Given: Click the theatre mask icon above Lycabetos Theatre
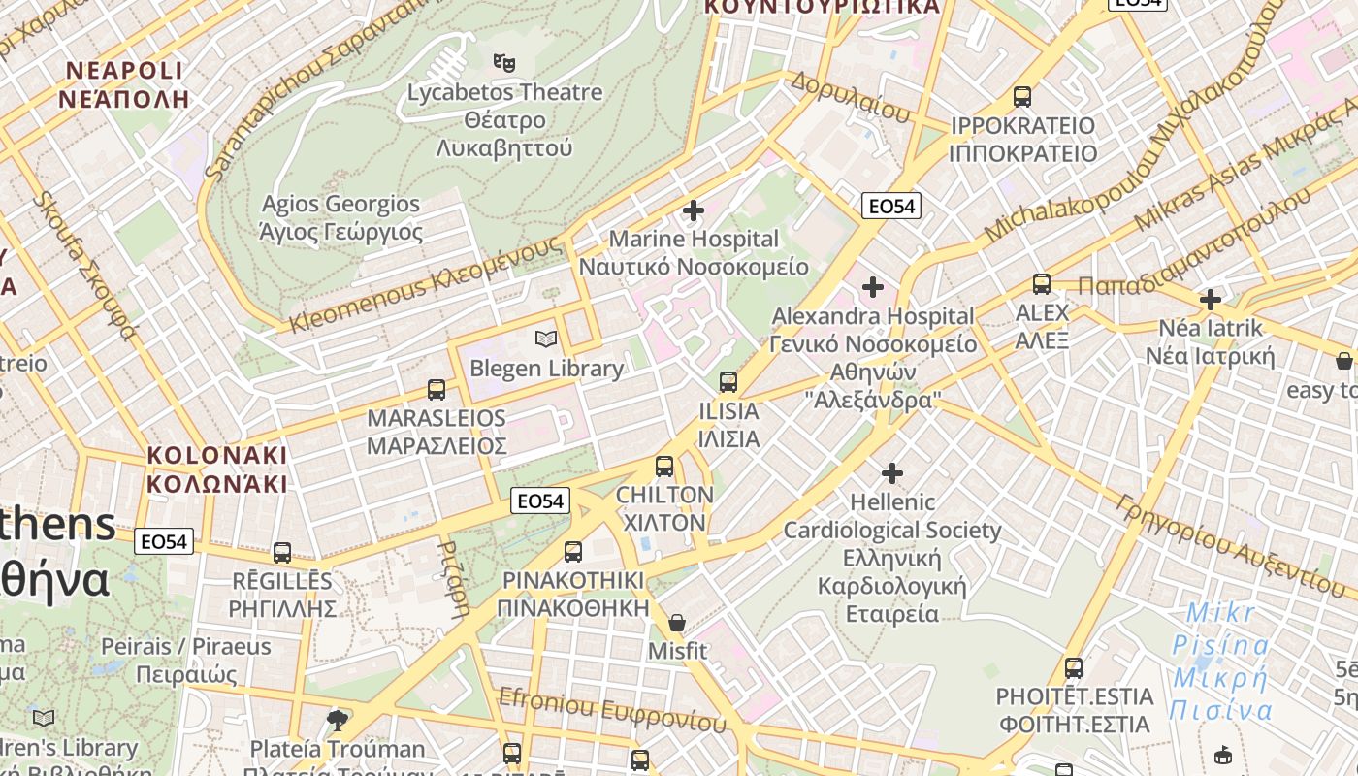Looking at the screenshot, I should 503,63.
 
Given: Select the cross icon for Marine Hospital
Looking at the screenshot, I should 693,210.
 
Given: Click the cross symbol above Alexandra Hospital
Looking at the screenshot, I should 873,287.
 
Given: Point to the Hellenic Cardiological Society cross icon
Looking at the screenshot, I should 891,473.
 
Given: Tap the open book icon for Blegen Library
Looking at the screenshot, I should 546,339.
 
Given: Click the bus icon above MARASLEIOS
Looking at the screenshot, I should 436,390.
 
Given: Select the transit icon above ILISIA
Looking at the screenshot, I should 728,382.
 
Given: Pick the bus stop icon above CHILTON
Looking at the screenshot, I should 664,467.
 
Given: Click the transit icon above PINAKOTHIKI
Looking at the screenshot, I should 573,552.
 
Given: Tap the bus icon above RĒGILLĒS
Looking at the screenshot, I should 282,553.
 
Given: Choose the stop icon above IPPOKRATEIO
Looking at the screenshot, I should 1022,97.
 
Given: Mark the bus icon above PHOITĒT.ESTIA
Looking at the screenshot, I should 1073,668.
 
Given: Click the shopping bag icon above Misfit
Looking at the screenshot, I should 677,623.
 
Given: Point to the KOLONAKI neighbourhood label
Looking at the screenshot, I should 217,469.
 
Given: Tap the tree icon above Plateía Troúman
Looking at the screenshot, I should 338,720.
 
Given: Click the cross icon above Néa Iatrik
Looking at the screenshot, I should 1210,300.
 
